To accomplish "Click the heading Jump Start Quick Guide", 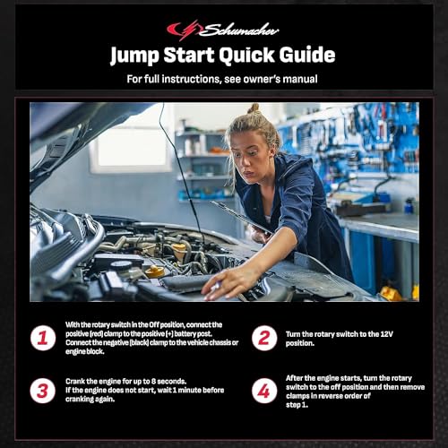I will click(x=223, y=56).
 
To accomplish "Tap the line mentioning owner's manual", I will click(x=223, y=79).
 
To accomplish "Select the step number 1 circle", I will click(x=43, y=338).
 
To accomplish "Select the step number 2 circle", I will click(x=264, y=338).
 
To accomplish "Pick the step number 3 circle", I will click(x=43, y=391).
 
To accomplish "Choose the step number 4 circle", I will click(x=264, y=391).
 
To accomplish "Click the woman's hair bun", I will click(x=254, y=108).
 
